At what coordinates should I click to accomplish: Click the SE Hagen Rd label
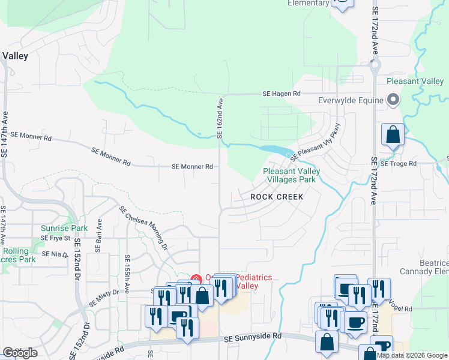pos(281,94)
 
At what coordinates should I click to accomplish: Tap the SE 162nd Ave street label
pos(220,118)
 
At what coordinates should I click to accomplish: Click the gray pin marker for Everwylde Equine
pos(394,100)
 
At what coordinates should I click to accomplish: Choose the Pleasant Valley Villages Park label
pos(291,175)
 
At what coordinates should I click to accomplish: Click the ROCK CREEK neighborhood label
pos(277,197)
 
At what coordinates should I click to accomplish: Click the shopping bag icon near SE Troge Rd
pos(393,135)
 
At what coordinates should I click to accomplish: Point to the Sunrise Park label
pos(64,228)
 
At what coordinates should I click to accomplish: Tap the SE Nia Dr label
pos(54,254)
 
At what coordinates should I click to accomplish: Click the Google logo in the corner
pos(20,353)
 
